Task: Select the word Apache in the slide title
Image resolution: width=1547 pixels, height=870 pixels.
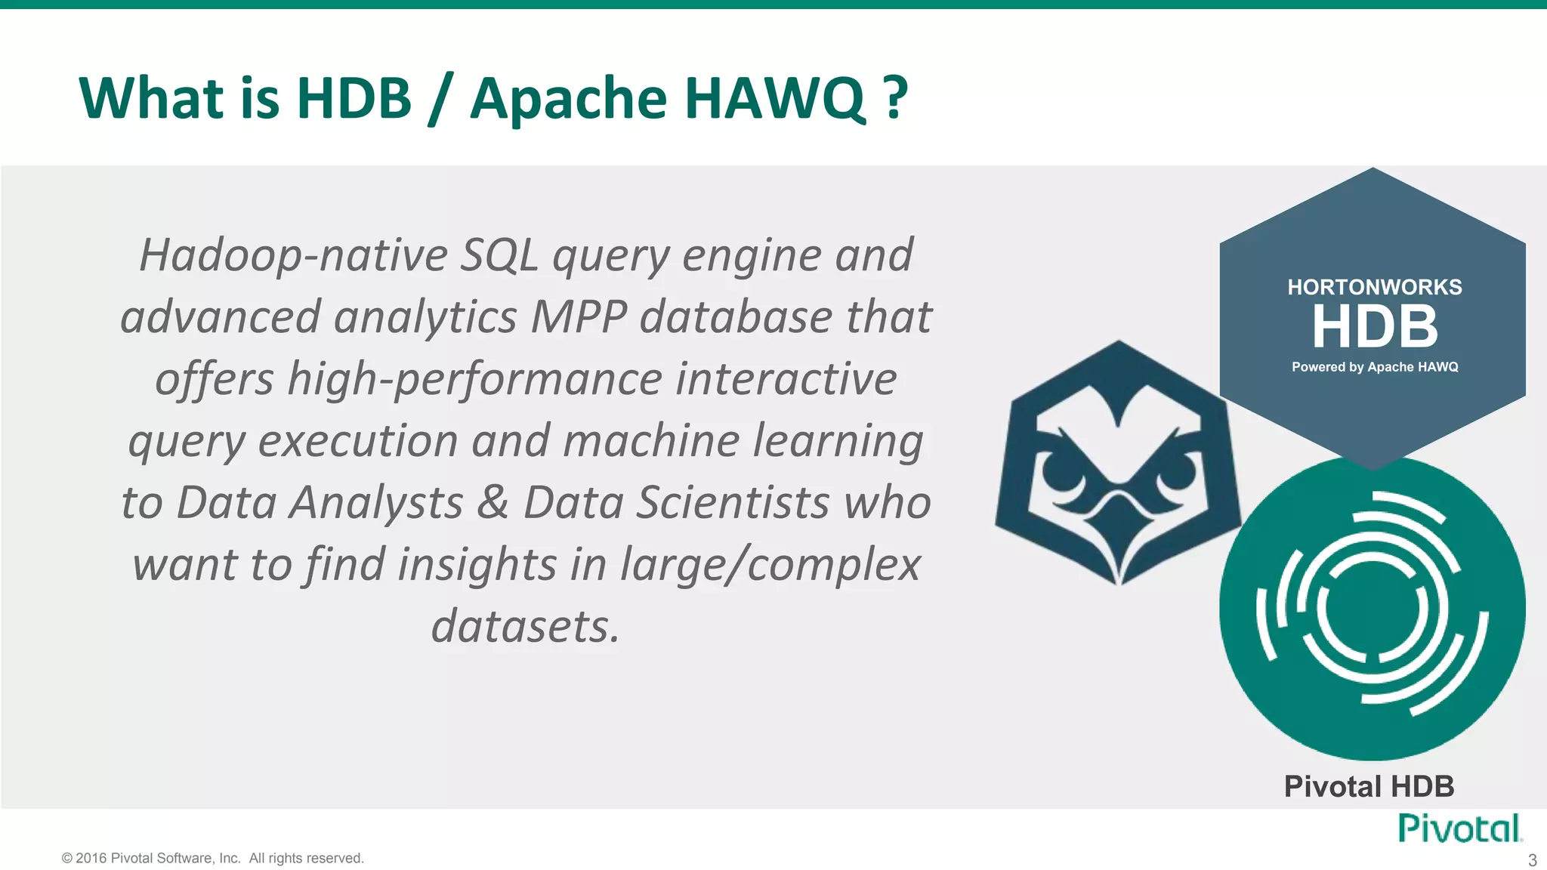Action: tap(568, 98)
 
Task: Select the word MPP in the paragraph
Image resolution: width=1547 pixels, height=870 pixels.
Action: tap(579, 317)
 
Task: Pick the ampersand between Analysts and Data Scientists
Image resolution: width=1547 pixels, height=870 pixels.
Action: tap(493, 503)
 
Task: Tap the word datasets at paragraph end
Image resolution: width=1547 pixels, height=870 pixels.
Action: tap(525, 627)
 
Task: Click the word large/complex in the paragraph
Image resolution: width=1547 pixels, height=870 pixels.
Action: tap(770, 565)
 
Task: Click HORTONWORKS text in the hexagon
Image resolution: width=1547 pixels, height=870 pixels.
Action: tap(1374, 287)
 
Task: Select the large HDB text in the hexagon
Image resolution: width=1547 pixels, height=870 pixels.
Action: tap(1374, 327)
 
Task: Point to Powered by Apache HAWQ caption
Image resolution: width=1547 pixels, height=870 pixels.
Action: tap(1374, 367)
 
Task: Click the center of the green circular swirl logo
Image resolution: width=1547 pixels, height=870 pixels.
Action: tap(1372, 609)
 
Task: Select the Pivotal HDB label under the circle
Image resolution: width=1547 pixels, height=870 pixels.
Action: tap(1369, 787)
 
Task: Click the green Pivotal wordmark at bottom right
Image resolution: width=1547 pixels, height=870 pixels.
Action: tap(1459, 828)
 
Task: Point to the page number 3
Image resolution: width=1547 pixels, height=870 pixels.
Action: tap(1532, 860)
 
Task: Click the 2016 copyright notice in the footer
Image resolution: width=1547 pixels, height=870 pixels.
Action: tap(213, 858)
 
